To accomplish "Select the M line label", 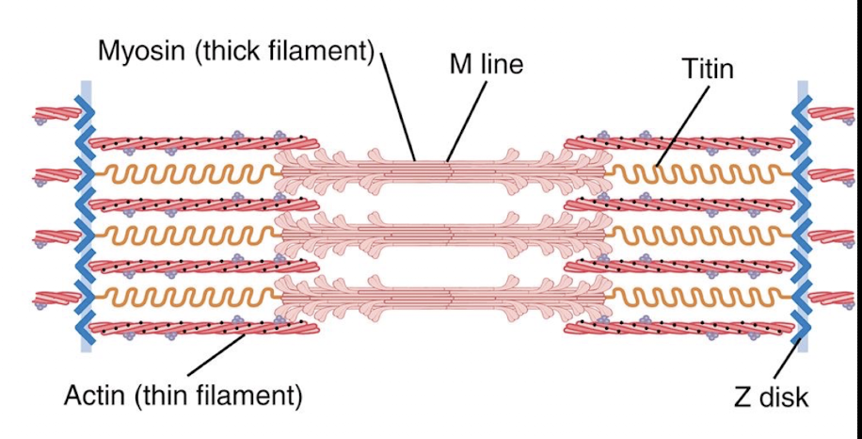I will (485, 64).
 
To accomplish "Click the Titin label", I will (708, 68).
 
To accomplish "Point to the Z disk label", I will (771, 397).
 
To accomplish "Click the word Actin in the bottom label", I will (95, 396).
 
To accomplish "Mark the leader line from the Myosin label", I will (398, 104).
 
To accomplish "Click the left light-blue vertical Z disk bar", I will (87, 217).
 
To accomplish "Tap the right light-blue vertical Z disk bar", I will (803, 217).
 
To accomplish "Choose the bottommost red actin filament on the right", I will (678, 328).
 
